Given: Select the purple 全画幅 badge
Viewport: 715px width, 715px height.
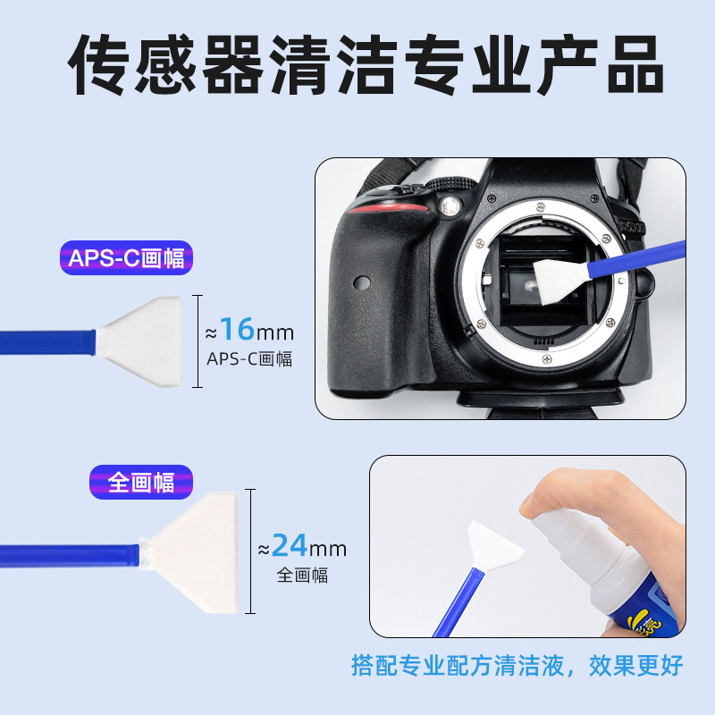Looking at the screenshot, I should [x=141, y=482].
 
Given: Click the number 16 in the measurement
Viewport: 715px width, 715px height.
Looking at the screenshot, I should [x=237, y=331].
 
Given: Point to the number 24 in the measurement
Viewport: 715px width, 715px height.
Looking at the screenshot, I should [x=289, y=544].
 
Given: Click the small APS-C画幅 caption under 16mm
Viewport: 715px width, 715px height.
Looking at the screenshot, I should [x=249, y=359].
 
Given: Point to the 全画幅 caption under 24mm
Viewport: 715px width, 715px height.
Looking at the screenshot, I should [x=302, y=575].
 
